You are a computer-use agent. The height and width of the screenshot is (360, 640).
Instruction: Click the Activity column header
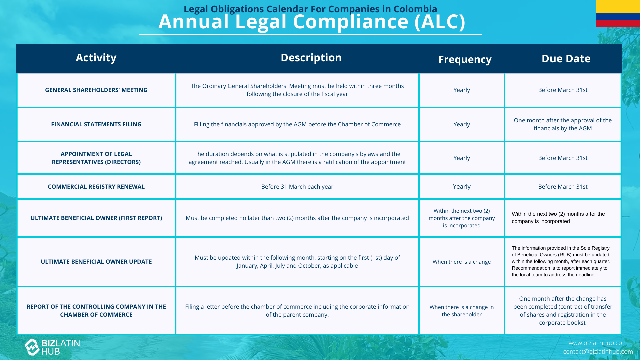(x=96, y=58)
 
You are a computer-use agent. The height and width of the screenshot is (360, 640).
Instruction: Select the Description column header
(x=311, y=58)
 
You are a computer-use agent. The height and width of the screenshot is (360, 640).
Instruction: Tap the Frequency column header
(x=465, y=59)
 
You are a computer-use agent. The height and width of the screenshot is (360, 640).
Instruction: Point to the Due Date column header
(x=566, y=59)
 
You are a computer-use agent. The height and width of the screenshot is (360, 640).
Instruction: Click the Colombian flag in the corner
(x=618, y=13)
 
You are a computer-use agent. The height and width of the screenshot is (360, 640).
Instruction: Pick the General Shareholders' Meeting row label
(x=96, y=90)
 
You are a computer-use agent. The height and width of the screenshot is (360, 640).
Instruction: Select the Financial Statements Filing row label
(x=96, y=124)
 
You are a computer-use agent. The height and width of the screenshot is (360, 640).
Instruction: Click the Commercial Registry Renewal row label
(x=96, y=187)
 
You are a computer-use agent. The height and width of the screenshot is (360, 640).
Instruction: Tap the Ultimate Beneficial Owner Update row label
(x=96, y=262)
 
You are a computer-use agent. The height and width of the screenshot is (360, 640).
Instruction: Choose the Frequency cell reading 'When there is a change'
(x=462, y=262)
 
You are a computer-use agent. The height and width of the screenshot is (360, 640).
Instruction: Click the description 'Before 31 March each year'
(x=297, y=187)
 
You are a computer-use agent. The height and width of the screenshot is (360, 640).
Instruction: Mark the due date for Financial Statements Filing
(x=563, y=124)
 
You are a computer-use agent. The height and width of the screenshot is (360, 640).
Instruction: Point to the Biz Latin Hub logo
(x=52, y=347)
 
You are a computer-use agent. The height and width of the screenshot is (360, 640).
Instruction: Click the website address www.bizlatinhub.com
(x=598, y=343)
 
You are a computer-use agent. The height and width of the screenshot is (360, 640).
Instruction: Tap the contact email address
(x=598, y=352)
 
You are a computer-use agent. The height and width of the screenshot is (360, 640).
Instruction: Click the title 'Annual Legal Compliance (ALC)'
(x=312, y=22)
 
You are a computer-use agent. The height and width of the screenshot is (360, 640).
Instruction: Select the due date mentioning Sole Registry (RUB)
(x=561, y=261)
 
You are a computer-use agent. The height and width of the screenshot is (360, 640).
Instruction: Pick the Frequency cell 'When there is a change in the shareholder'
(x=462, y=311)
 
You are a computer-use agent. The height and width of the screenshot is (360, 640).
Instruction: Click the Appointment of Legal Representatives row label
(x=96, y=158)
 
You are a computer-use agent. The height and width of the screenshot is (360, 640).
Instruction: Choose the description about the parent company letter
(x=297, y=311)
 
